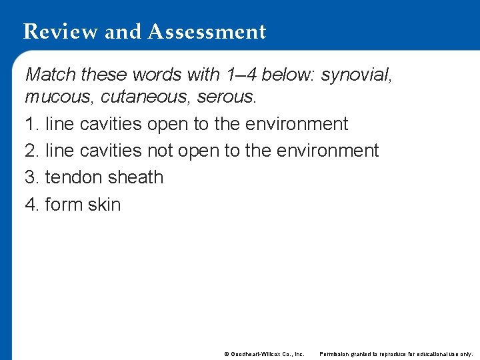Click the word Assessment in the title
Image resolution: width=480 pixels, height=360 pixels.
point(208,31)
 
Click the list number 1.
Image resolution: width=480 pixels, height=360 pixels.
point(30,124)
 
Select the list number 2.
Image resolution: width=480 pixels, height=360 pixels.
point(30,151)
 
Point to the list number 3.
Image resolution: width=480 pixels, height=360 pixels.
point(30,177)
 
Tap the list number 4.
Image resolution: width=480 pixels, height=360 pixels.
point(30,204)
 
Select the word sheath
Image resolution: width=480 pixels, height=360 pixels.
point(137,177)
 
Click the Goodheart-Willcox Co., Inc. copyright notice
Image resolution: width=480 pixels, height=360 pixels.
point(264,353)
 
